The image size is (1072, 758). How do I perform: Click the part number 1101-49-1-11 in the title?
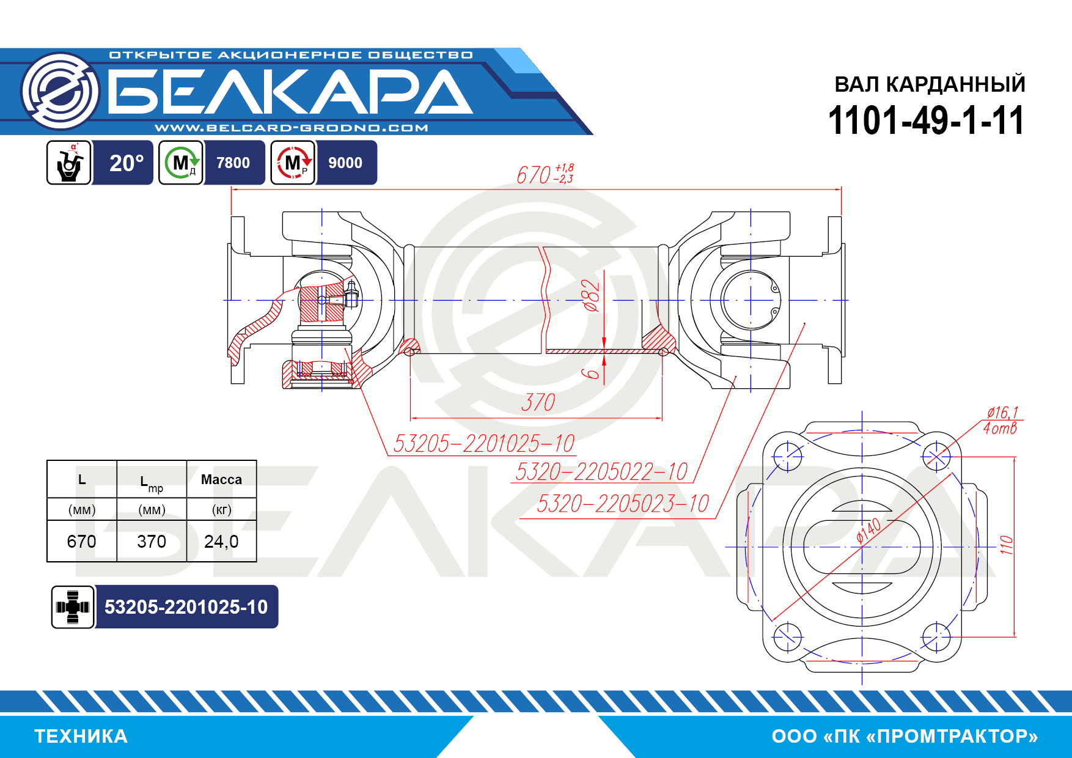(926, 120)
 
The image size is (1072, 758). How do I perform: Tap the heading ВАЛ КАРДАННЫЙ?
(930, 84)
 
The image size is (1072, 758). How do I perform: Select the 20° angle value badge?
(127, 163)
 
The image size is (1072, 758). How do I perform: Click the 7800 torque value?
(233, 163)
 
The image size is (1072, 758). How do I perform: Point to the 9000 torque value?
(345, 163)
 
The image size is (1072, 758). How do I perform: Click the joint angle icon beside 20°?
(69, 163)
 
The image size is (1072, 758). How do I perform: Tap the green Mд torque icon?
(181, 163)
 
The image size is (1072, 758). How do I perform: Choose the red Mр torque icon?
(293, 163)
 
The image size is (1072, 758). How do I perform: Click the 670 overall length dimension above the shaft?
(545, 174)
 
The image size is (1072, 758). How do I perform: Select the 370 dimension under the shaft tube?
(538, 402)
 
